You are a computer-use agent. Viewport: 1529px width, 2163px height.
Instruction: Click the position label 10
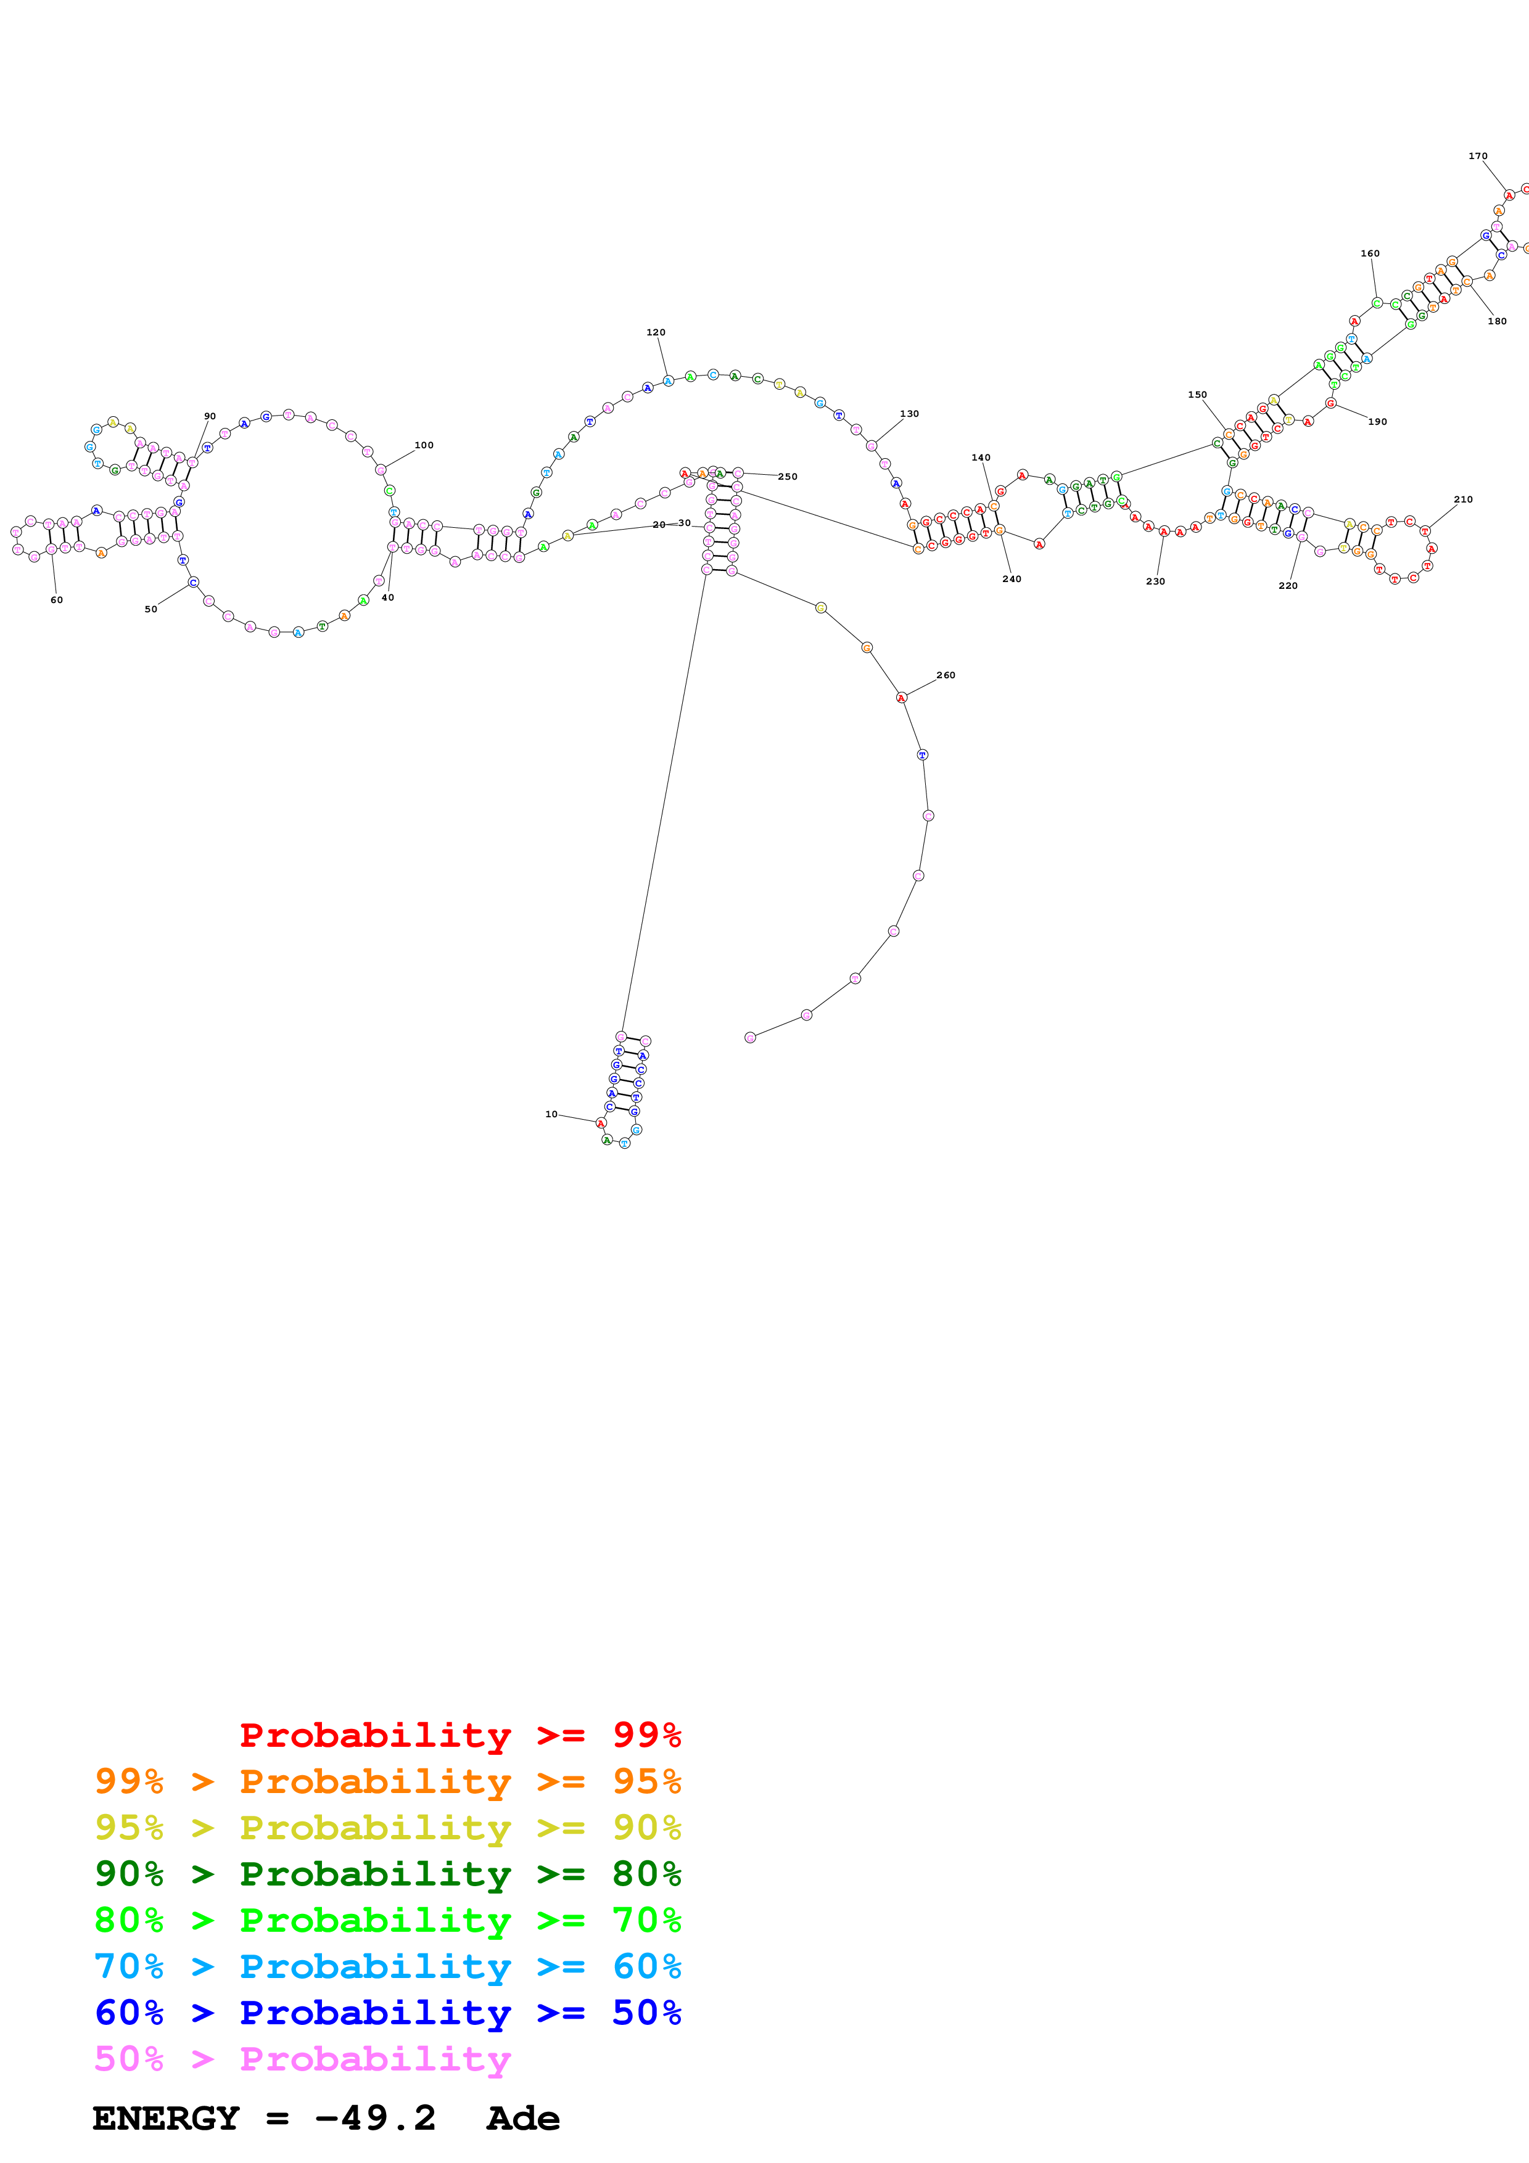551,1114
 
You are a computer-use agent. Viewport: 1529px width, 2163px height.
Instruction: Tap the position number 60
57,600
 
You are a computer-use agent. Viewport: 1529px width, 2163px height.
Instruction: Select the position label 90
210,416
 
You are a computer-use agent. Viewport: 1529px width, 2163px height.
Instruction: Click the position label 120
656,332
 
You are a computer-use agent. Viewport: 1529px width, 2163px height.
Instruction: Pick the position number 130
909,414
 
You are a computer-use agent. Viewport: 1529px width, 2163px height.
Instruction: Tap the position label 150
1197,395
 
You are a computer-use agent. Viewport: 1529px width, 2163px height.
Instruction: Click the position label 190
1377,422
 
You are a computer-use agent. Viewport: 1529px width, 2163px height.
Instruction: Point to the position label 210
1463,499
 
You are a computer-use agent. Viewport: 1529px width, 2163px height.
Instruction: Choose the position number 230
1156,581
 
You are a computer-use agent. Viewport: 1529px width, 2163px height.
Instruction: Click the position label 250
788,477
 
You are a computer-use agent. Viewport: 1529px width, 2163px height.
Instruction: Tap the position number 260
946,675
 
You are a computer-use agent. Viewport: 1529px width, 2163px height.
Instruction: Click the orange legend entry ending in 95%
387,1781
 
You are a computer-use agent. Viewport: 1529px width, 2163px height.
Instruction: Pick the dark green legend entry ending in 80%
387,1874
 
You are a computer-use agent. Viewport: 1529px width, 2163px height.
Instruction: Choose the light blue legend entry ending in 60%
387,1966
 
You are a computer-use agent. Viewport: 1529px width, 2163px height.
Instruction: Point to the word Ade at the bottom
523,2119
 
